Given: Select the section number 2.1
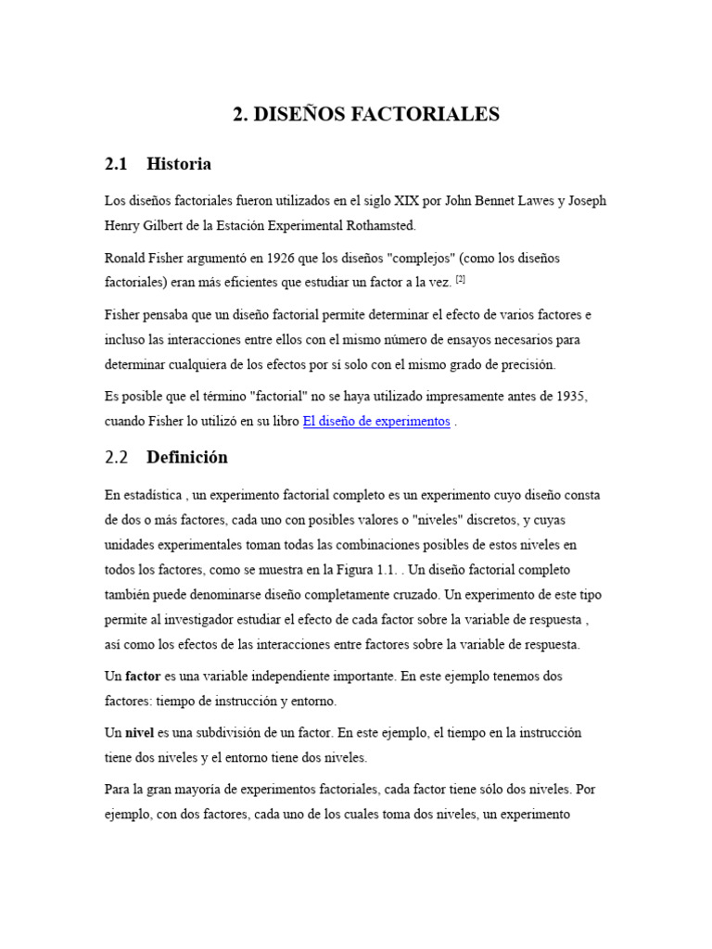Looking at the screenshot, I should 116,164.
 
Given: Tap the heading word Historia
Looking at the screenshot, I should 179,164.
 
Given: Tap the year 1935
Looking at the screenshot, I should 569,397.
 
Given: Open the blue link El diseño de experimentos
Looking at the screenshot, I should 376,421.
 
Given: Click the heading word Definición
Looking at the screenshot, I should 186,458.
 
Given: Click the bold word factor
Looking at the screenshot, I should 143,677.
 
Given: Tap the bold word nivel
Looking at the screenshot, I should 141,732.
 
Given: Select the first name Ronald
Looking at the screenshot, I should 127,257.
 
